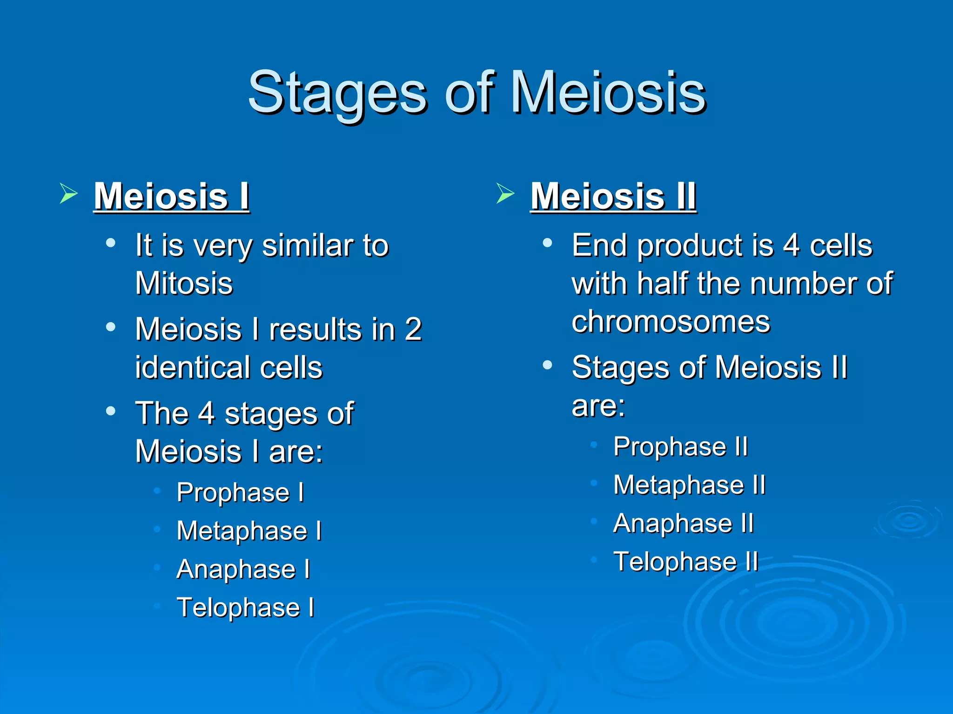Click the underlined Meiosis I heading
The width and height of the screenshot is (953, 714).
click(x=171, y=196)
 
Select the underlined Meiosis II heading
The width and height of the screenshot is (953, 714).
click(x=613, y=196)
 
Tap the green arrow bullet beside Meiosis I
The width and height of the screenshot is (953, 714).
click(x=68, y=193)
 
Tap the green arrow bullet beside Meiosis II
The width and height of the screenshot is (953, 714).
click(x=505, y=193)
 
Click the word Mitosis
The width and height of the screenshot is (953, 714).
click(x=184, y=283)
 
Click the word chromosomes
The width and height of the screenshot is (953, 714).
click(x=671, y=321)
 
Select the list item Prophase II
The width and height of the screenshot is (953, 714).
click(x=680, y=447)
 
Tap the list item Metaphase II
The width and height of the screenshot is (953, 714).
click(x=689, y=485)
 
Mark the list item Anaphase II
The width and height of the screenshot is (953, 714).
click(x=683, y=523)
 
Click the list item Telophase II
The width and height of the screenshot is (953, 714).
click(x=685, y=562)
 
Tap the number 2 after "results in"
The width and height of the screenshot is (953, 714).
click(x=413, y=329)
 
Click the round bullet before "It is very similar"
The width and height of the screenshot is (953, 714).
click(x=111, y=243)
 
